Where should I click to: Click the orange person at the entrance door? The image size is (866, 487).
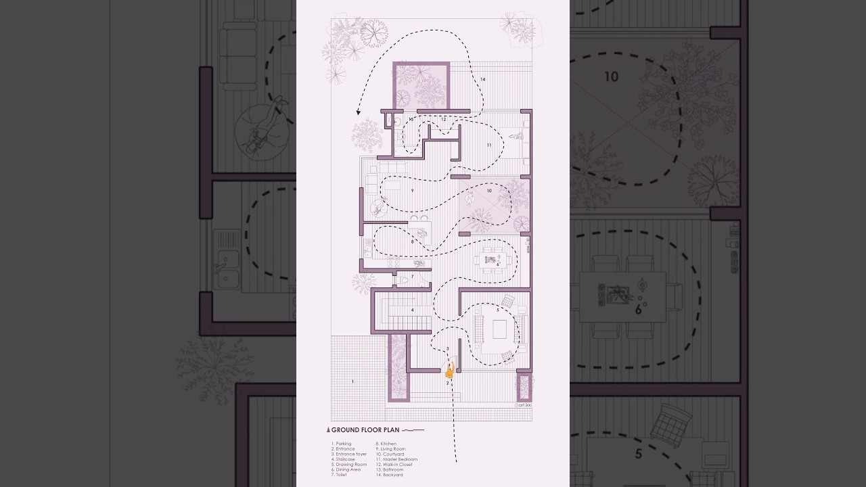point(449,370)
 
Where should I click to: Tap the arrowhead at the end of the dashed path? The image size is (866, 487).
point(359,113)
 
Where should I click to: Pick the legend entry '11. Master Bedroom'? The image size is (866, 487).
point(396,459)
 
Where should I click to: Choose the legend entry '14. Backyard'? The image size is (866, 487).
point(389,475)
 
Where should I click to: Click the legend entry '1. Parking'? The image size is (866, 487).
point(342,444)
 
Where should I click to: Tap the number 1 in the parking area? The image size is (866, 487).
point(352,382)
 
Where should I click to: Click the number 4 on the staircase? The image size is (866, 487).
point(412,310)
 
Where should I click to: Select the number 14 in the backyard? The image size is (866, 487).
point(482,80)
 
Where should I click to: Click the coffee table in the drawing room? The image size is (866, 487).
point(499,329)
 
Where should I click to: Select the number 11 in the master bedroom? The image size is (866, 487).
point(488,145)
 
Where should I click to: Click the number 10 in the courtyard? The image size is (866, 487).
point(488,191)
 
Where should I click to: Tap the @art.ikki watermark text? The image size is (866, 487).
point(522,404)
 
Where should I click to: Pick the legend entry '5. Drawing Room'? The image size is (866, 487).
point(349,465)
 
